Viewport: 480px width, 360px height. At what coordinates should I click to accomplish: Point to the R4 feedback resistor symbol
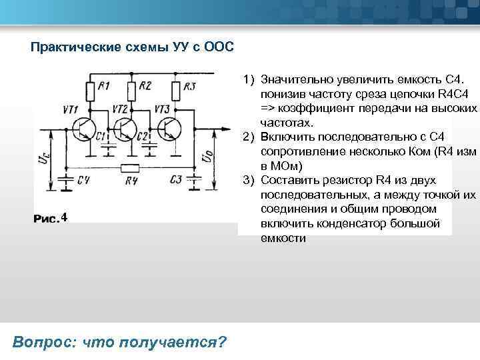[131, 168]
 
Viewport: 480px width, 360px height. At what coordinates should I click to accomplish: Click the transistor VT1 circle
[85, 129]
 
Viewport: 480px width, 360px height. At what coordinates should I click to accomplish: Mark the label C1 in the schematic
[101, 137]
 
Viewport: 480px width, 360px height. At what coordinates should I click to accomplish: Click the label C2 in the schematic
[142, 137]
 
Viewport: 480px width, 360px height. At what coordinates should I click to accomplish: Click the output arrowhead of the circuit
[219, 126]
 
